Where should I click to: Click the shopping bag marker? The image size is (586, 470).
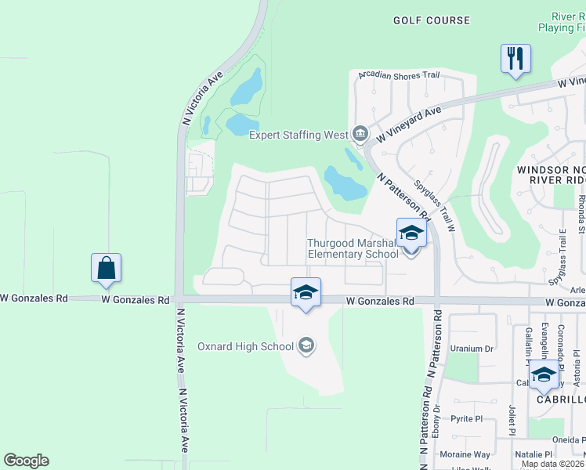[106, 269]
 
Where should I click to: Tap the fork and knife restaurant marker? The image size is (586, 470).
[515, 59]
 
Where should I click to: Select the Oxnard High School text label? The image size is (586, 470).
[245, 346]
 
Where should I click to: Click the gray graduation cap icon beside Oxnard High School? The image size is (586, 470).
[306, 346]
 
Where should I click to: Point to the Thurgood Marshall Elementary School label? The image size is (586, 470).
[353, 248]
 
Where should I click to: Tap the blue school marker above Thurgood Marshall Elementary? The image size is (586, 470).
[411, 233]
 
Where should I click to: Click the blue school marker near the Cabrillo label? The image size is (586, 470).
[544, 375]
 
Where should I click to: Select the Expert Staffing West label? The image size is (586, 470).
[298, 135]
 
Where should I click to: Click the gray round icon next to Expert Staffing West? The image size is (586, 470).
[360, 134]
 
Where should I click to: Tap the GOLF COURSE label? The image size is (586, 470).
[432, 20]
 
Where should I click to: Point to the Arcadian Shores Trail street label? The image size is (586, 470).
[399, 75]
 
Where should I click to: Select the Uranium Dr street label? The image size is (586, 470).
[472, 349]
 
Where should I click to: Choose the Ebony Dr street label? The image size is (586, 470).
[437, 420]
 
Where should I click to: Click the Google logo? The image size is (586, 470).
[26, 461]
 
